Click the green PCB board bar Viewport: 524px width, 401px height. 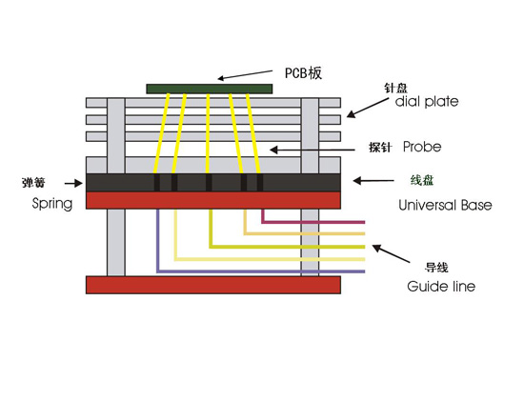tap(210, 89)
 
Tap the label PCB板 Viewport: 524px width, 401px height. tap(303, 73)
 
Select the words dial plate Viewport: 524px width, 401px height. tap(427, 102)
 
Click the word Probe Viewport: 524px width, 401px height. tap(422, 147)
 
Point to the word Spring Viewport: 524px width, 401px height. tap(52, 204)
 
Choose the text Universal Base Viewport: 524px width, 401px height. tap(445, 205)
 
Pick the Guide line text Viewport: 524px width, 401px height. tap(441, 287)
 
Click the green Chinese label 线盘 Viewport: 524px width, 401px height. tap(422, 180)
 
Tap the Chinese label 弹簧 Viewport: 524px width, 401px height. tap(33, 183)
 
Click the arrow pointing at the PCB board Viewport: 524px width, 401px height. tap(245, 75)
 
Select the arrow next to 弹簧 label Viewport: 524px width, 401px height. tap(73, 183)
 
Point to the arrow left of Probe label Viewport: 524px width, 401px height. tap(312, 150)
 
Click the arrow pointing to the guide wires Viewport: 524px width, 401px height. tap(391, 253)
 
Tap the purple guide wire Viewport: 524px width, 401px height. tap(260, 271)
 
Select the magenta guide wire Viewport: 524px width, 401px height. tap(313, 222)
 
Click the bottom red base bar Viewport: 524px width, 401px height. tap(213, 285)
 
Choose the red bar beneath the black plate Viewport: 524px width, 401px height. tap(213, 200)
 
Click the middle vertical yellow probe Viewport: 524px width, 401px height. tap(208, 133)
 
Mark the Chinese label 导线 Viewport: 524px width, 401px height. tap(436, 268)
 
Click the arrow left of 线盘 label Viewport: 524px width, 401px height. tap(373, 181)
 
